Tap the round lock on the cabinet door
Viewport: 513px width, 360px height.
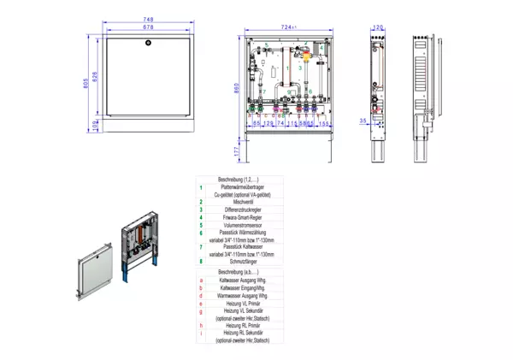coord(149,42)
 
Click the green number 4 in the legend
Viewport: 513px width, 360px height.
coord(200,216)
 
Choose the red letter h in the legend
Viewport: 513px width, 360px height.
coord(200,325)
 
